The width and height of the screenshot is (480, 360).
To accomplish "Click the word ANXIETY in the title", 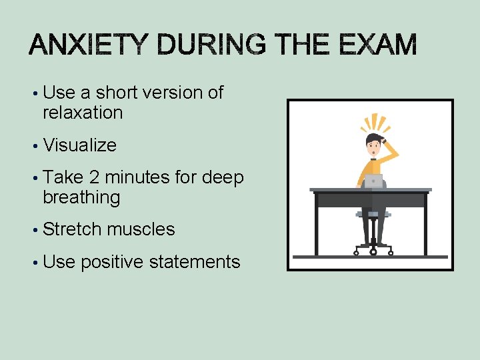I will coord(86,46).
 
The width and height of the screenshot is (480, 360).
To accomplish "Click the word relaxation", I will coord(83,113).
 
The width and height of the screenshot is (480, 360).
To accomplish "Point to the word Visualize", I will coord(79,145).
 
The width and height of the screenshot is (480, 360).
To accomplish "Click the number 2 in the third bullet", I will coord(93,177).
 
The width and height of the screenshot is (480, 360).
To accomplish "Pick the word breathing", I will coord(81,197).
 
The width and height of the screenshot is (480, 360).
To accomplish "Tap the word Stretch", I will coord(73,229).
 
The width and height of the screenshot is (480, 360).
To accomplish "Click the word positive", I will coord(111,262).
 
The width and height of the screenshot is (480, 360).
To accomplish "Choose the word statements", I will coord(195,262).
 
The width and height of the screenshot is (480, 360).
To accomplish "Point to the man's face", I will coord(375,147).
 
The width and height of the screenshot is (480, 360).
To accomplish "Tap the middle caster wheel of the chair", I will coord(373,252).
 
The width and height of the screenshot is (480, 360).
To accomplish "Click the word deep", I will coord(223,177).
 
